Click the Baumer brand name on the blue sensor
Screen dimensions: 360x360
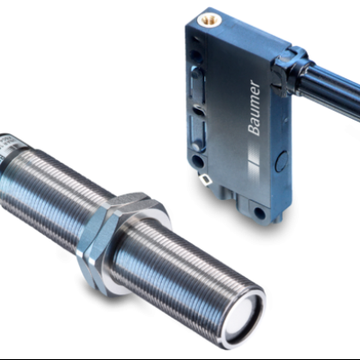254,108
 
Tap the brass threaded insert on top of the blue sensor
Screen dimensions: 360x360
207,21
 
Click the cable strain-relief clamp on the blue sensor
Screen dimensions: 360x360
291,68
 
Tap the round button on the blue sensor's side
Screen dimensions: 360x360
283,161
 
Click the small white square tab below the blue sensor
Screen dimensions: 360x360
206,180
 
